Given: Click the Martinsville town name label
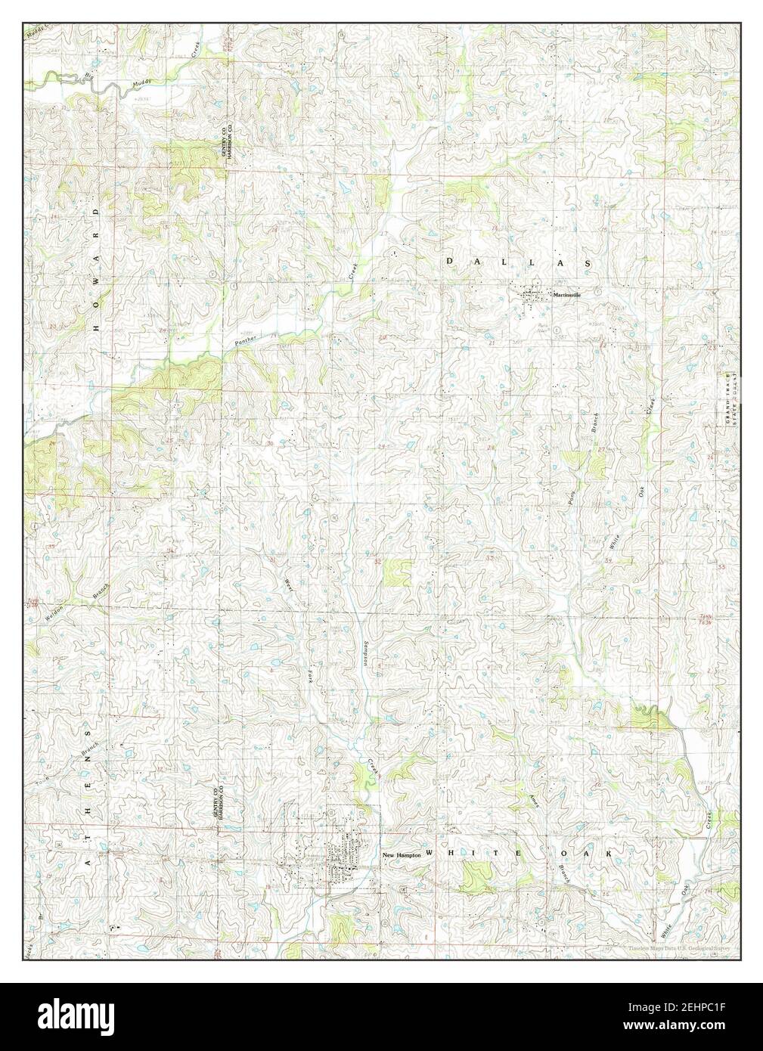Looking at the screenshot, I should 566,295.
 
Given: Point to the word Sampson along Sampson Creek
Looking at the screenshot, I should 364,650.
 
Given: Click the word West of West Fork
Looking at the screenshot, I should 288,586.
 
